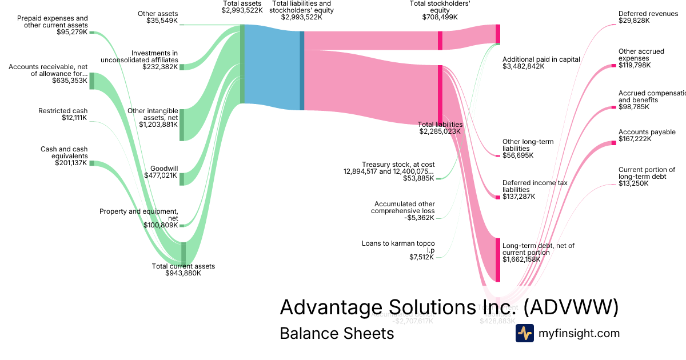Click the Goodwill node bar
pyautogui.click(x=182, y=179)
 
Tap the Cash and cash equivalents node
pyautogui.click(x=91, y=163)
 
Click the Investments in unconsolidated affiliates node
pyautogui.click(x=182, y=67)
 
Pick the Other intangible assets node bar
pyautogui.click(x=182, y=124)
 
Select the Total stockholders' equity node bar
pyautogui.click(x=440, y=41)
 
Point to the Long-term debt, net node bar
pyautogui.click(x=498, y=259)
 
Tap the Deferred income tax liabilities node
pyautogui.click(x=498, y=197)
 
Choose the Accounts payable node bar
pyautogui.click(x=614, y=143)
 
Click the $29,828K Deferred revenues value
pyautogui.click(x=634, y=21)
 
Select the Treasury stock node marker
pyautogui.click(x=438, y=179)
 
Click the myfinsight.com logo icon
pyautogui.click(x=525, y=333)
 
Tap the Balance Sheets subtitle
pyautogui.click(x=337, y=333)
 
